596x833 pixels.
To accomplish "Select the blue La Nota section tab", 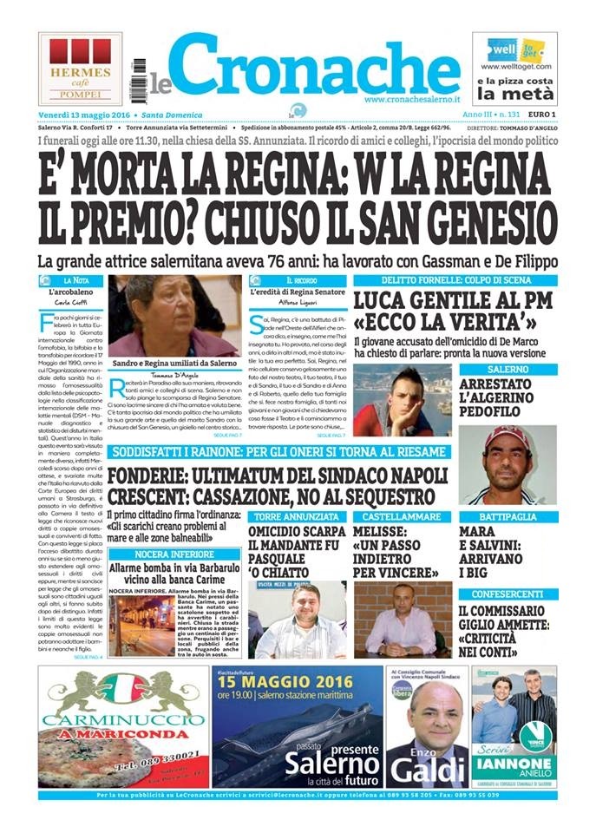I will [76, 281].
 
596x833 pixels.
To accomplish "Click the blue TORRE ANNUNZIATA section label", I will [286, 516].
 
